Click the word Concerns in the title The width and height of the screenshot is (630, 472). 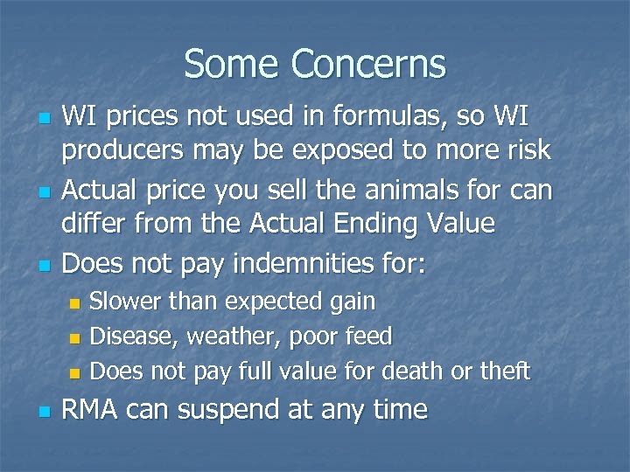click(x=368, y=64)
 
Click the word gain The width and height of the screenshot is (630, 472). click(x=352, y=302)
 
